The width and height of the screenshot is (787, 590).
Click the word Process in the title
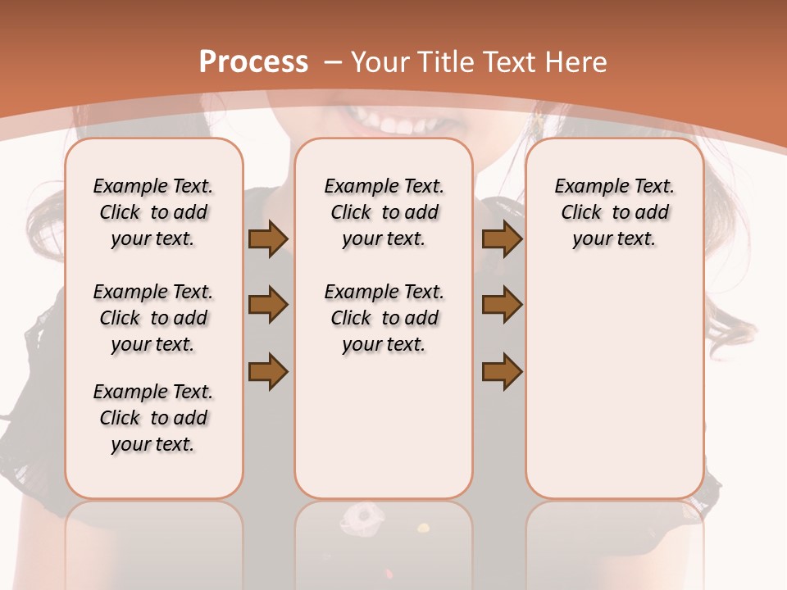click(x=254, y=62)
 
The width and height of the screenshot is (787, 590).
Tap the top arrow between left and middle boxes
click(x=268, y=239)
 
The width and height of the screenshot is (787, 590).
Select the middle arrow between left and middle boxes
click(x=268, y=305)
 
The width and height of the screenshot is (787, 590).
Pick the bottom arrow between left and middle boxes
click(x=268, y=372)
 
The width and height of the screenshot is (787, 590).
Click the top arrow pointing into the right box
click(x=502, y=239)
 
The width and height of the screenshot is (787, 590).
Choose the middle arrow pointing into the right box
click(x=502, y=305)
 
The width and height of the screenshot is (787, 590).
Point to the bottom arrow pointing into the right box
click(x=502, y=372)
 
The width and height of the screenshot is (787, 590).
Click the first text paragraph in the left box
click(x=153, y=212)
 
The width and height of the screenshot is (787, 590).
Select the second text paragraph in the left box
click(x=153, y=318)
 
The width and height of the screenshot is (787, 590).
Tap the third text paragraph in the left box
click(x=153, y=418)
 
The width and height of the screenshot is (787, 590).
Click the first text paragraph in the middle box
click(x=384, y=212)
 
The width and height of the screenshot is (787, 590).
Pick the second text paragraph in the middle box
click(x=384, y=318)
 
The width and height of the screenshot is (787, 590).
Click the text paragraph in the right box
click(x=614, y=212)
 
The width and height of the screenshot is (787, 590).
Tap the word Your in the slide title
click(x=380, y=62)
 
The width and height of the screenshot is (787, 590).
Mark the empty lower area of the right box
click(x=614, y=385)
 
